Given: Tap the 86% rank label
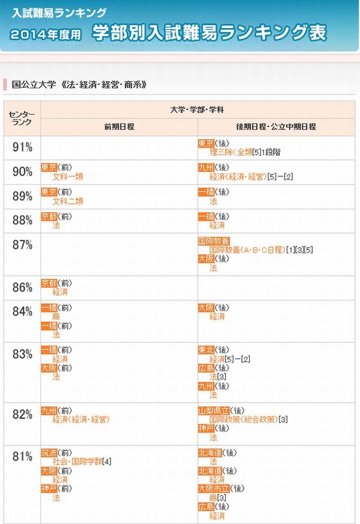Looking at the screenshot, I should coord(22,287).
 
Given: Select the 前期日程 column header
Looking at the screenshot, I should coord(119,127).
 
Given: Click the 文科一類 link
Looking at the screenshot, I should coord(67,177).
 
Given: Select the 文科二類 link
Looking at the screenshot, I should coord(67,201).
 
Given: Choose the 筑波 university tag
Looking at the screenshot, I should coord(49,453).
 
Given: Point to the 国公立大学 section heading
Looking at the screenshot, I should coord(79,85).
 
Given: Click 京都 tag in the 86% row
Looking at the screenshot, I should coord(49,283).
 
